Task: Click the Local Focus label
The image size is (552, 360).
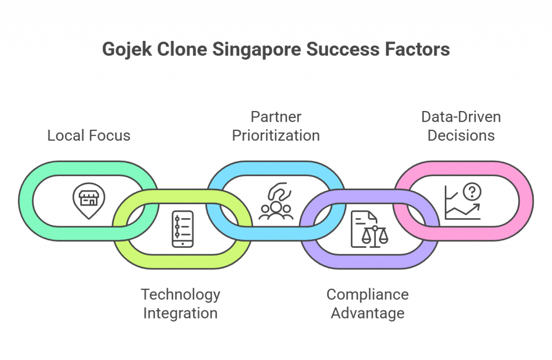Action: point(89,135)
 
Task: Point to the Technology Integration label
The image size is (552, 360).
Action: point(181,304)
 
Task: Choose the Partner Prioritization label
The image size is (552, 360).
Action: point(276,126)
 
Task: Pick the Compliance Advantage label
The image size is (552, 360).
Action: point(368,304)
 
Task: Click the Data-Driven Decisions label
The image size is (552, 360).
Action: point(461,126)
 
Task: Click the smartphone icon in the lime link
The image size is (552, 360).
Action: point(182,229)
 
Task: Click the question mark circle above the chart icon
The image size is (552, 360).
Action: point(474,190)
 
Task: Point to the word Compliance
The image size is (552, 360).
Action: point(368,295)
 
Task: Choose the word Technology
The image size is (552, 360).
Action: point(181,295)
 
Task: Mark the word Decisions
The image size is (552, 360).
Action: point(461,135)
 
